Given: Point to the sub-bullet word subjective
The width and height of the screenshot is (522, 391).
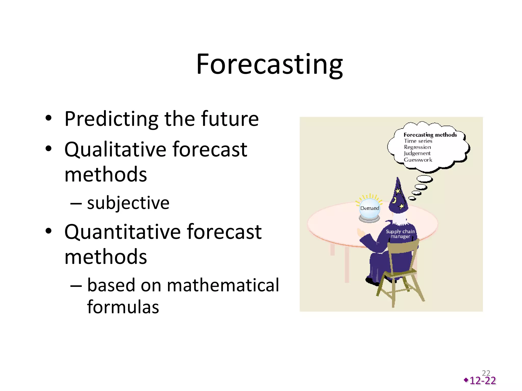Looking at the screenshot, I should tap(128, 203).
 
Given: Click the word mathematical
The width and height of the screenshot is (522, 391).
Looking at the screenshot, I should tap(223, 285).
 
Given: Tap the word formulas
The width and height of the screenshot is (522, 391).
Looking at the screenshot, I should tap(123, 307).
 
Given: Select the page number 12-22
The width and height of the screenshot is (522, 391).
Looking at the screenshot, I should tap(482, 381).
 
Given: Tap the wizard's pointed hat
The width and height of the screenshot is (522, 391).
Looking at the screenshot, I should tap(398, 197).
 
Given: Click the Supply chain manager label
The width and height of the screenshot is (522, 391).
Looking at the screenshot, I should tap(400, 234).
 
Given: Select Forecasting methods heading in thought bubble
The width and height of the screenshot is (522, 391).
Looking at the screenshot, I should tap(430, 135).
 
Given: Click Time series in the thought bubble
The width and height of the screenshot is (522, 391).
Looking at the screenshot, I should tap(418, 141).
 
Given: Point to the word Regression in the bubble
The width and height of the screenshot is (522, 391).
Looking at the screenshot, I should tap(417, 147).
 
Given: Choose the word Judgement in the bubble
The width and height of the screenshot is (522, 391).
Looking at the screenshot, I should tap(417, 153).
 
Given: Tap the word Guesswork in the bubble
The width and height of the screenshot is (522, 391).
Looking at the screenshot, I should tap(418, 160).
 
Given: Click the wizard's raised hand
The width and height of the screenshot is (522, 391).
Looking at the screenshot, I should tap(361, 233).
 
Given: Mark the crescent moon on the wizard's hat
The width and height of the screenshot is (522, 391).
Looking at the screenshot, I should tap(394, 201).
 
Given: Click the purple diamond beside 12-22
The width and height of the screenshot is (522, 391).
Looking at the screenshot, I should tap(466, 380).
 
